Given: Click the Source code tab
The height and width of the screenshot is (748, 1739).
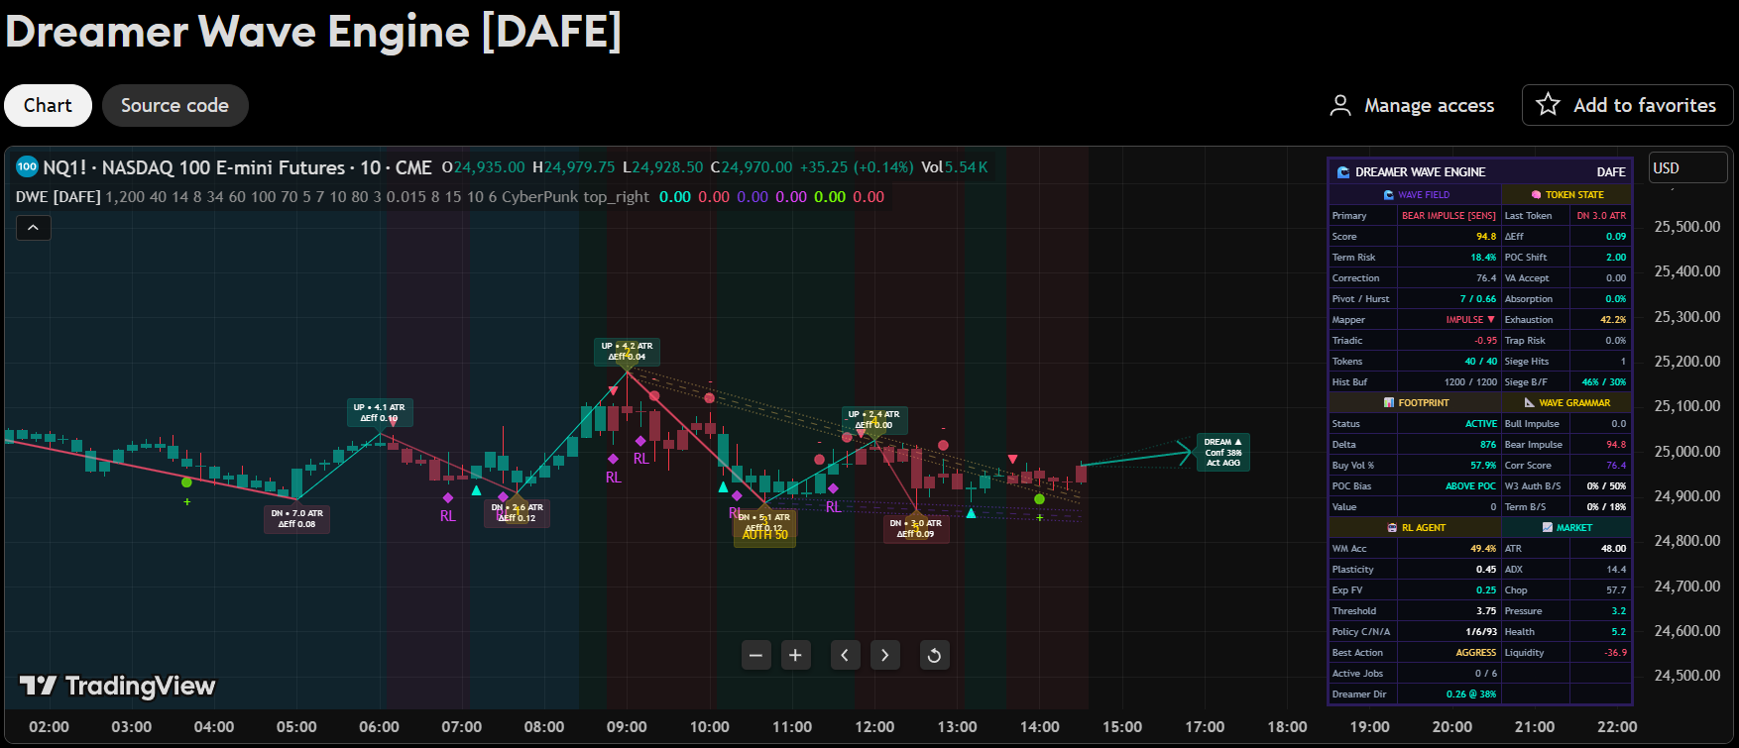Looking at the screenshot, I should tap(174, 106).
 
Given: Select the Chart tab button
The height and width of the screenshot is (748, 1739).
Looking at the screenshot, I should tap(48, 106).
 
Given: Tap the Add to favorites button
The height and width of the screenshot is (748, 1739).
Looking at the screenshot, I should tap(1627, 105).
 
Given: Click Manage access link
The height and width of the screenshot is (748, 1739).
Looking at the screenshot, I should tap(1412, 105).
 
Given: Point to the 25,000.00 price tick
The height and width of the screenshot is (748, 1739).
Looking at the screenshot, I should tap(1686, 452).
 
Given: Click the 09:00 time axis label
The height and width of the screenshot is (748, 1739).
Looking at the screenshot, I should tap(627, 726).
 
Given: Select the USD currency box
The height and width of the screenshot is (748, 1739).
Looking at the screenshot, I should tap(1686, 168).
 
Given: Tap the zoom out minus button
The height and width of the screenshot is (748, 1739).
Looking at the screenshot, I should tap(756, 655).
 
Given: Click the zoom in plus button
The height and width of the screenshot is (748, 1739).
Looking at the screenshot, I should tap(795, 655).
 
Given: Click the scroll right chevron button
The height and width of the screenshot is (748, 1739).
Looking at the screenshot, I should tap(884, 655).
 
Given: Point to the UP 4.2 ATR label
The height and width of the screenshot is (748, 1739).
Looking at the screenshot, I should tap(627, 351).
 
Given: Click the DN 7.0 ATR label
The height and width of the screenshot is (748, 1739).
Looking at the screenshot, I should tap(296, 518).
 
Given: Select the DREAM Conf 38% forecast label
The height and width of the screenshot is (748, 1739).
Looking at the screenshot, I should tap(1222, 452).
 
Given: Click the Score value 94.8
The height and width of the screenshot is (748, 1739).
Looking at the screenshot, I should tap(1485, 237).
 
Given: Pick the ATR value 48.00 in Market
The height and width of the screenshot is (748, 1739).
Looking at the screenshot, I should tap(1613, 549).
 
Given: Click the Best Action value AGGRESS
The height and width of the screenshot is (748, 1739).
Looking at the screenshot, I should tap(1475, 653).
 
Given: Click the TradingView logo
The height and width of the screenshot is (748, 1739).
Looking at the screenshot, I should tap(118, 686).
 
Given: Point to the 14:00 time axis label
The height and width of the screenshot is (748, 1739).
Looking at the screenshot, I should tap(1039, 726).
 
